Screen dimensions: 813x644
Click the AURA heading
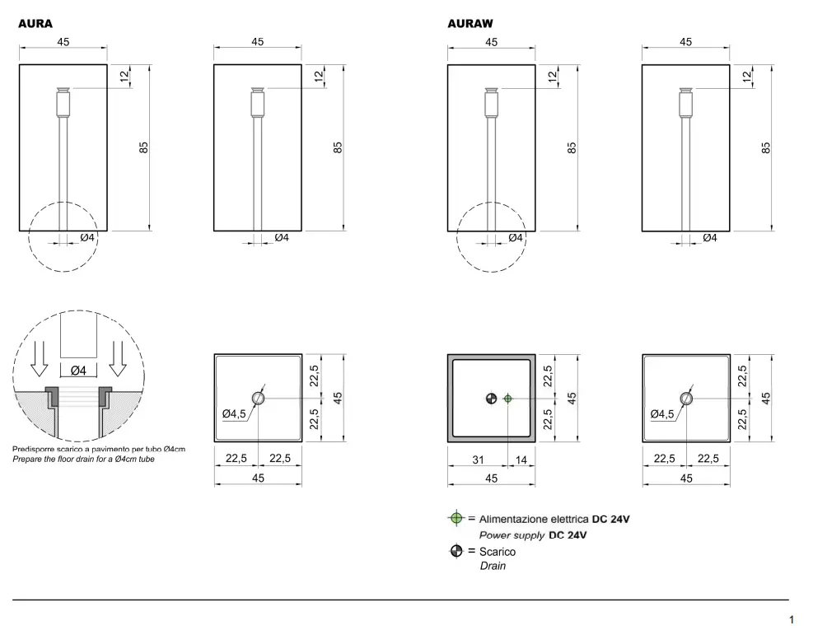(35, 23)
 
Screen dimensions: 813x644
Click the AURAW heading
(470, 23)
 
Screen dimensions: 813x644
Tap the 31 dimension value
(478, 460)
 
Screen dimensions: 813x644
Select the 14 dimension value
(521, 460)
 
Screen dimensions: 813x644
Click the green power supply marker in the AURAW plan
(507, 399)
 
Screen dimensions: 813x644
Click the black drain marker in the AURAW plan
(491, 399)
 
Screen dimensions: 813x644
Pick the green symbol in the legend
(456, 518)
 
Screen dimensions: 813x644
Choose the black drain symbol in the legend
(456, 551)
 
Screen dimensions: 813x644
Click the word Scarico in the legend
(498, 552)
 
